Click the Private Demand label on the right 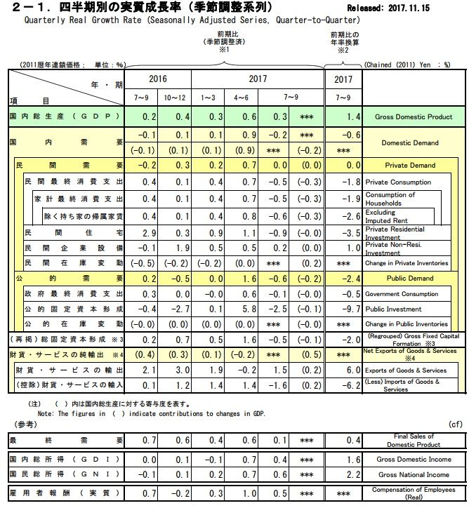pos(410,166)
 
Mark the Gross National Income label pos(411,474)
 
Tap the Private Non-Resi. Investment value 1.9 pos(180,248)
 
